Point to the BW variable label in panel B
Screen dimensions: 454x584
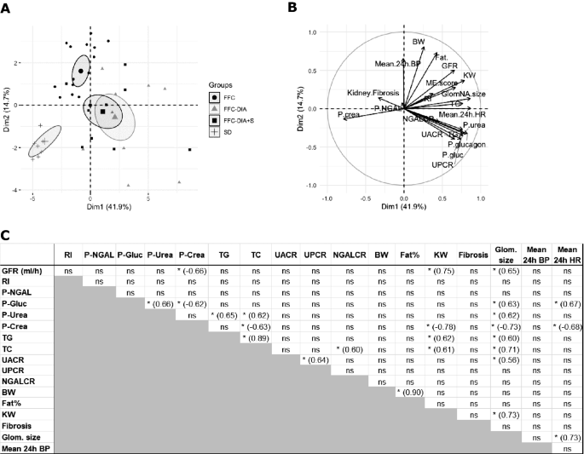pos(418,42)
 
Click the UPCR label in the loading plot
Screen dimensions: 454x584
pos(442,163)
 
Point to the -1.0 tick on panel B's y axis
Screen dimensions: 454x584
pos(311,185)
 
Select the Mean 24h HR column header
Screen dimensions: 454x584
pos(567,253)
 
